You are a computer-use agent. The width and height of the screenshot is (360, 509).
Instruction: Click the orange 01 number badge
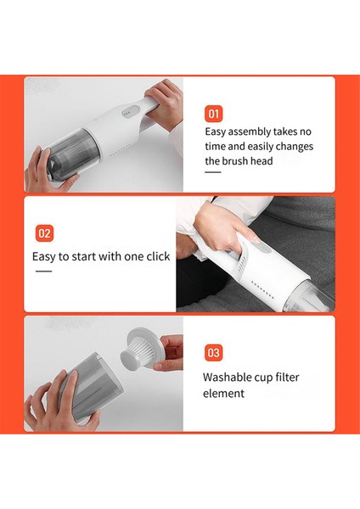pos(213,114)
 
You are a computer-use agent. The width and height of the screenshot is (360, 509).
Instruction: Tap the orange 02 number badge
pos(44,233)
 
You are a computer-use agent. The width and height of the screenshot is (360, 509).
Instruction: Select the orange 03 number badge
pos(213,353)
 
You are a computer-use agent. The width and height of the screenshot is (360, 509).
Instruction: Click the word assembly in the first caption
pos(250,132)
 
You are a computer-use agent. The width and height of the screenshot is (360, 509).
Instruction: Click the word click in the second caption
pos(158,256)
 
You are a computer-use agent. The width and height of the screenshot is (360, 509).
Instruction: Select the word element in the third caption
pos(223,394)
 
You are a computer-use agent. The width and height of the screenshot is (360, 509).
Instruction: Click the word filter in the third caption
pos(287,378)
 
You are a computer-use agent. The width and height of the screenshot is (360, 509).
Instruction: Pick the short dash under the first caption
pos(213,172)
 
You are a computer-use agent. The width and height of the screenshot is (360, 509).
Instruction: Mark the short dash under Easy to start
pos(43,271)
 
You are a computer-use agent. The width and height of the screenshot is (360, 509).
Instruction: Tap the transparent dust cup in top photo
pos(73,152)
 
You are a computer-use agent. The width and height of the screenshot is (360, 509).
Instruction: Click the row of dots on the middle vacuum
pos(262,289)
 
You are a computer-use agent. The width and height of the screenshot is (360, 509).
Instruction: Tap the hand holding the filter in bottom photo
pos(169,352)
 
